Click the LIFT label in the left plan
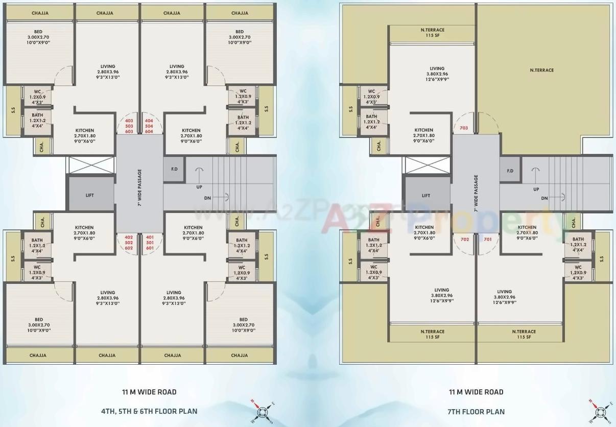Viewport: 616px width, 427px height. tap(89, 195)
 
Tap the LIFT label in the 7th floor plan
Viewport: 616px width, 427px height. tap(426, 195)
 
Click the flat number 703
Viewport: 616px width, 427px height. tap(464, 128)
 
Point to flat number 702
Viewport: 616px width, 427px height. tap(464, 239)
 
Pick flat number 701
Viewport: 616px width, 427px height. tap(487, 239)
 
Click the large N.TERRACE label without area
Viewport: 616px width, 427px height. tap(541, 70)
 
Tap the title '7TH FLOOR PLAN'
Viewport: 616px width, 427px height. tap(476, 411)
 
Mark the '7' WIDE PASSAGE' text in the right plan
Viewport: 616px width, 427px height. tap(476, 194)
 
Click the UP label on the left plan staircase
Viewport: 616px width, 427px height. tap(199, 187)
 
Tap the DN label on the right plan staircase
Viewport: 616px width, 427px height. tap(544, 198)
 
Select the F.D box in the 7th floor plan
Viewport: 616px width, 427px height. tap(510, 171)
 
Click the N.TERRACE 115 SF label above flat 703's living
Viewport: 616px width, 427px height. tap(432, 33)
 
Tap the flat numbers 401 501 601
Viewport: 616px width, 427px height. tap(150, 242)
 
